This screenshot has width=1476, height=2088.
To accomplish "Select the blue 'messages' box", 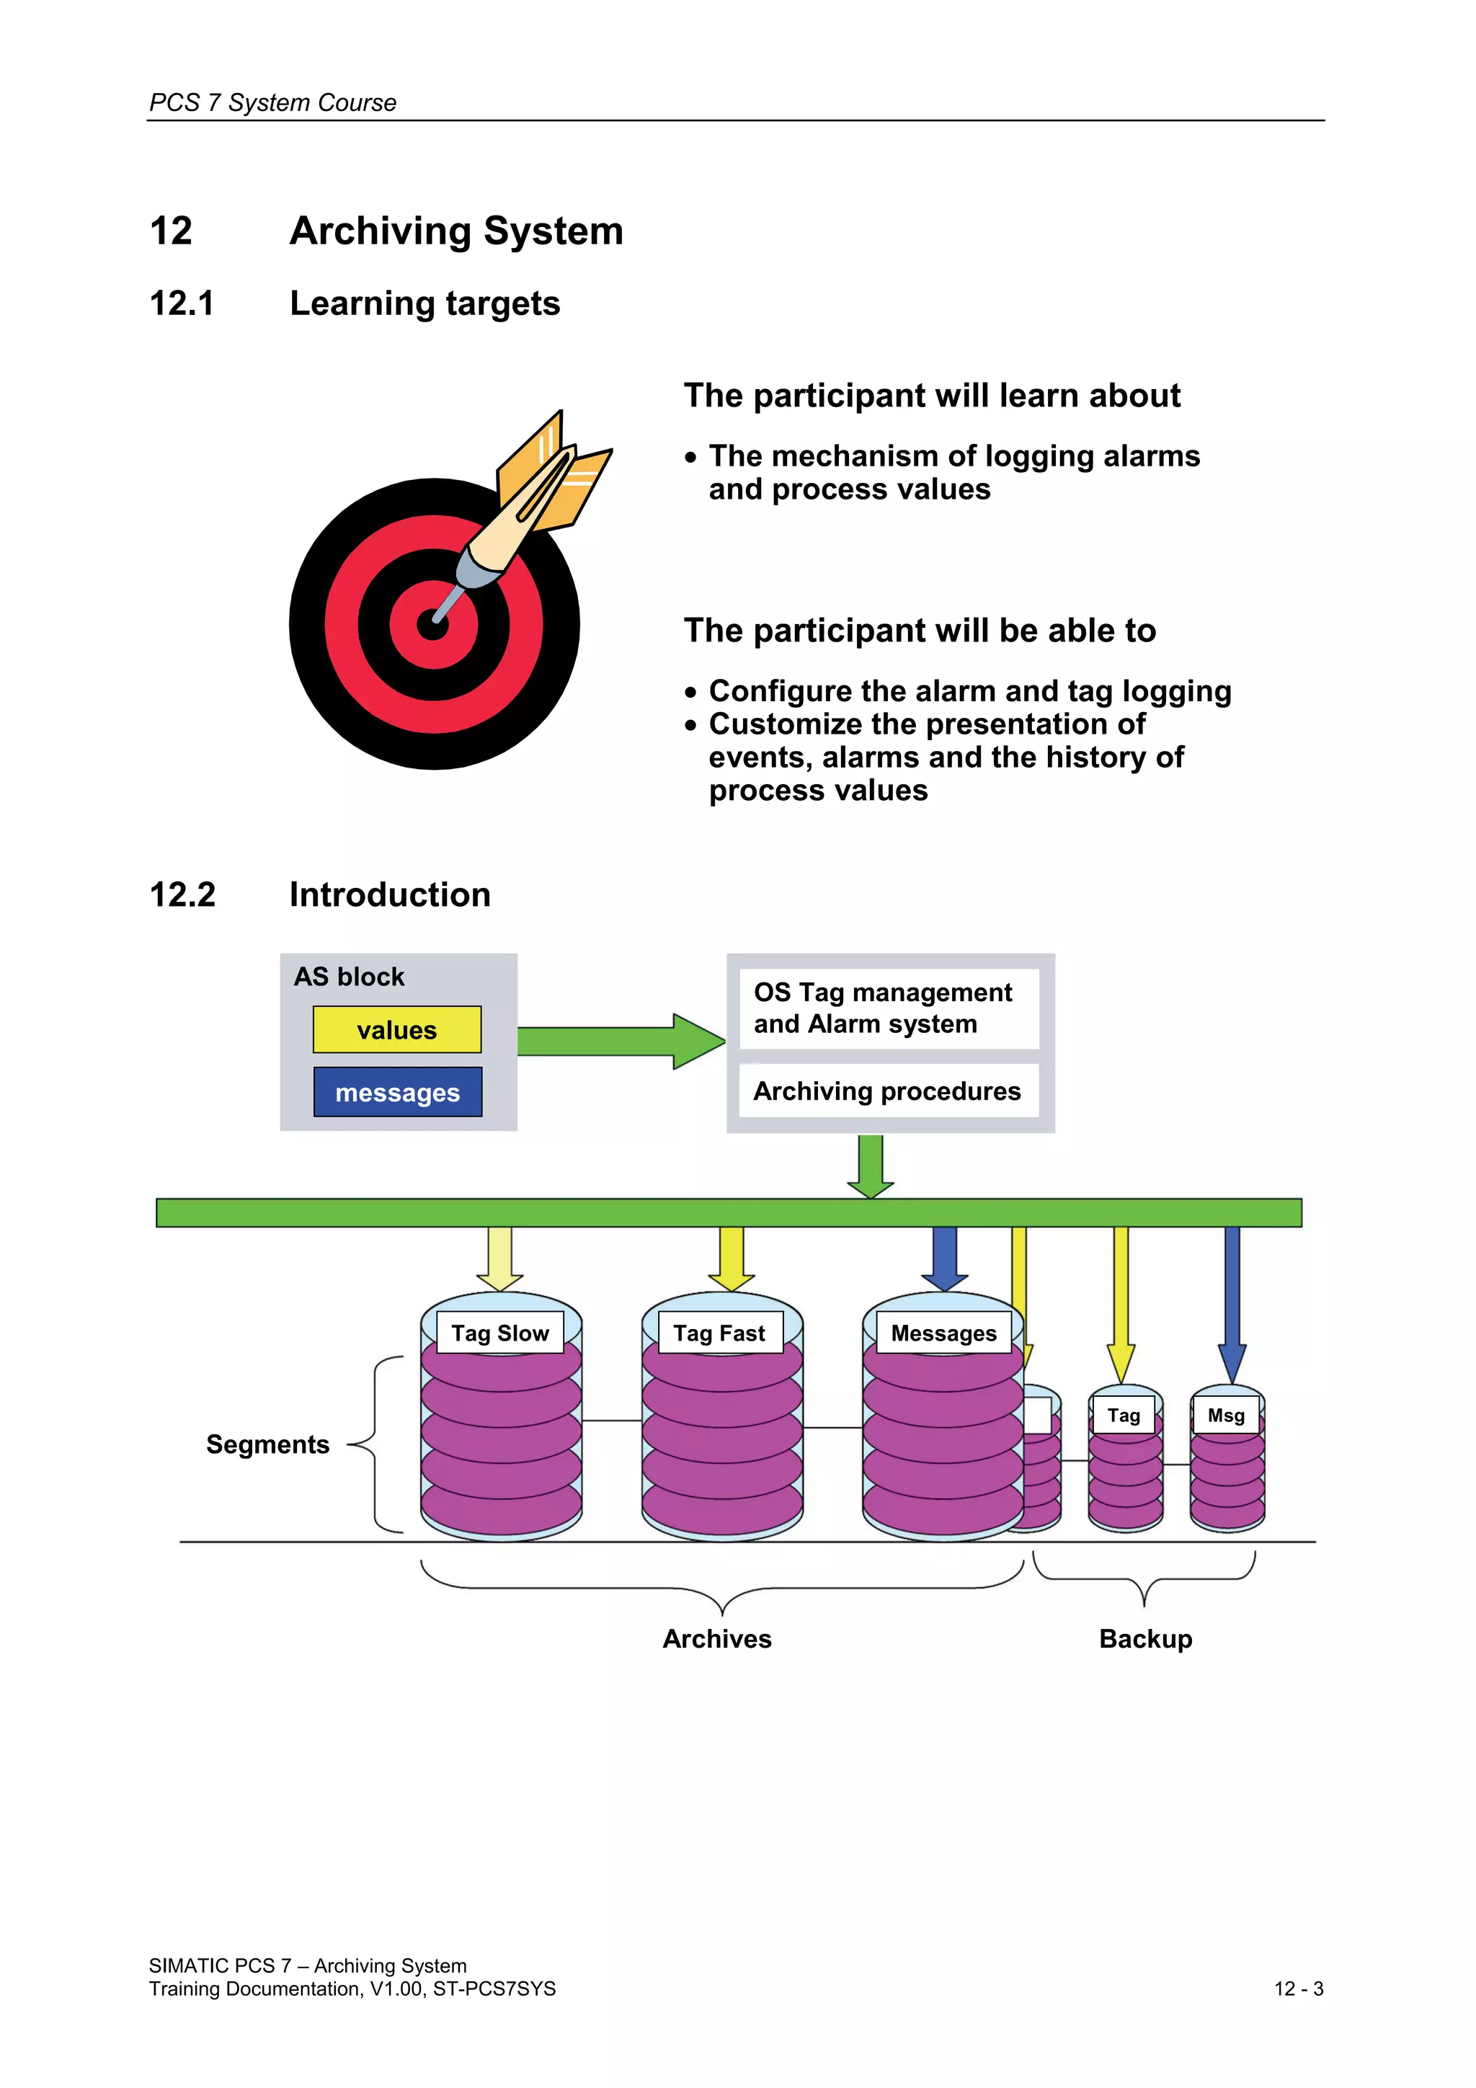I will point(397,1091).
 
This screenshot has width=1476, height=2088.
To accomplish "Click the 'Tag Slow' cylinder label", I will point(500,1333).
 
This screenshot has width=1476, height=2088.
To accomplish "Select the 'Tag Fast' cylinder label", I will point(719,1333).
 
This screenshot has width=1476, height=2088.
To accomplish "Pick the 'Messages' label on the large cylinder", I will point(943,1333).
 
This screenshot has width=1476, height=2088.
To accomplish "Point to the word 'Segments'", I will point(267,1444).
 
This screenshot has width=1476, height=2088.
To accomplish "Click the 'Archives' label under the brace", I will point(716,1639).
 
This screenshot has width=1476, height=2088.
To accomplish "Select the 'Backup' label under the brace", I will point(1145,1639).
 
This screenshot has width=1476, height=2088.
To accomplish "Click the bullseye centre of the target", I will point(433,625).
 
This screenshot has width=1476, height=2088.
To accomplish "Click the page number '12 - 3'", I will point(1298,1989).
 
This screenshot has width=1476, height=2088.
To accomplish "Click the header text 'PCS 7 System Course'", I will point(273,103).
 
